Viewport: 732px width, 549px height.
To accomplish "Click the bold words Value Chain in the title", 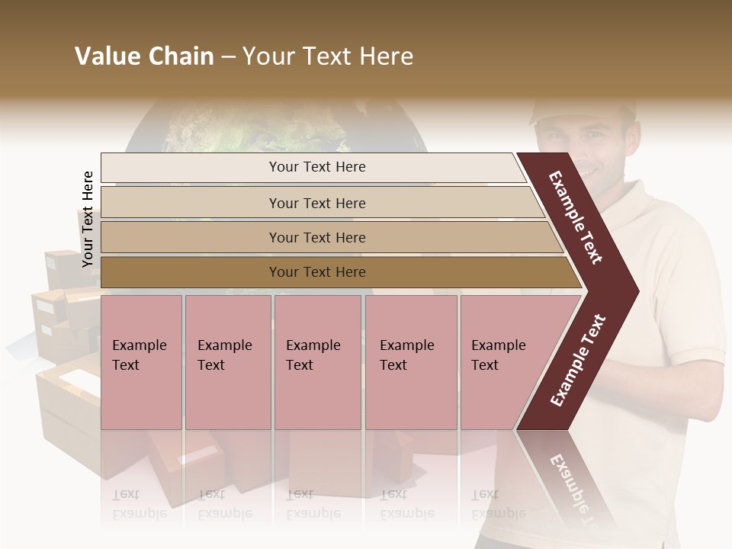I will (144, 56).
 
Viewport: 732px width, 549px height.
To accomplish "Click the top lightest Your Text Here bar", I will (316, 167).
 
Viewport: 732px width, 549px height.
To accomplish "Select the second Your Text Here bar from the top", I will (316, 203).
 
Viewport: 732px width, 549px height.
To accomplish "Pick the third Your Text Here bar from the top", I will (316, 237).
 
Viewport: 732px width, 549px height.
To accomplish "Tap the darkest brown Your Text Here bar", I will (316, 272).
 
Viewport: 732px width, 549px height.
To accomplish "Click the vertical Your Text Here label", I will (88, 219).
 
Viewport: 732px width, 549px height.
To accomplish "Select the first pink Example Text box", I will (141, 361).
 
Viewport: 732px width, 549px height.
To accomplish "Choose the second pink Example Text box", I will (228, 361).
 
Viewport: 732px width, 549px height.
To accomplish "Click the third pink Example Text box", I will (317, 361).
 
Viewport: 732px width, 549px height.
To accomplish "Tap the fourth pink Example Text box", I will (411, 361).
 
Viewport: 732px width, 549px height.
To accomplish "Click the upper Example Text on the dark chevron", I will (576, 217).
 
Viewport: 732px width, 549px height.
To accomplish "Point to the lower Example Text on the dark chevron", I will (578, 360).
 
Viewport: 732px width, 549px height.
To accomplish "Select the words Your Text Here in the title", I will (328, 56).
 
